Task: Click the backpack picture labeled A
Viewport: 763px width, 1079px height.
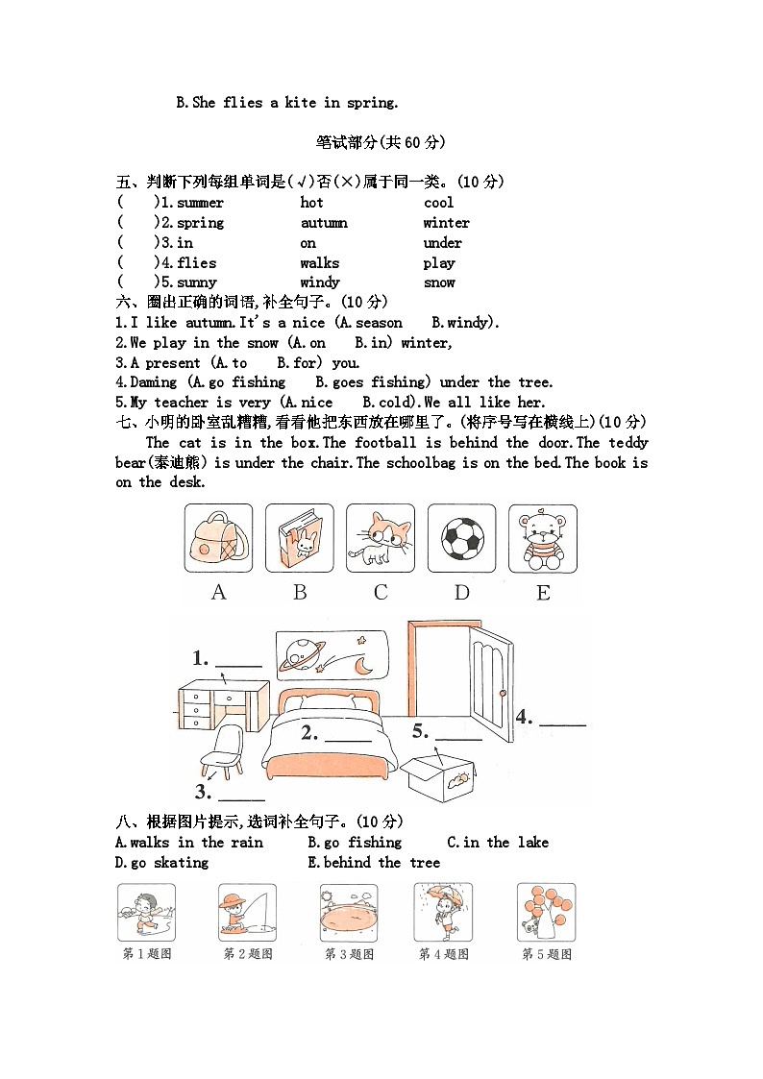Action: (218, 538)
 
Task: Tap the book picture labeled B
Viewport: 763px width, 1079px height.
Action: (300, 538)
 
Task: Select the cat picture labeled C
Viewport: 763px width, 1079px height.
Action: (381, 538)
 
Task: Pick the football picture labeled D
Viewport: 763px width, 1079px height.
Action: (462, 538)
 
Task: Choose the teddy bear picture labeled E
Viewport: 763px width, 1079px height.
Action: (543, 538)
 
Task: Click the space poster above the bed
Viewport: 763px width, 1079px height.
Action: (332, 653)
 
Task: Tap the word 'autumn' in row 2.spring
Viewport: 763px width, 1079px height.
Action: (324, 223)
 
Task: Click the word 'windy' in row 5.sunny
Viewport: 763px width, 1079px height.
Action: (319, 282)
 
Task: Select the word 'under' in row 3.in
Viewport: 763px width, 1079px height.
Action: (442, 243)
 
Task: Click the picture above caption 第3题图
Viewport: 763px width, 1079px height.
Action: (350, 913)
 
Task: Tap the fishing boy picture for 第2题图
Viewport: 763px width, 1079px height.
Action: (247, 913)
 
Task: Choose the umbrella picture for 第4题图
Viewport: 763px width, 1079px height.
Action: (443, 913)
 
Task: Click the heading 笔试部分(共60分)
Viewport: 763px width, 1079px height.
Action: (381, 142)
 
